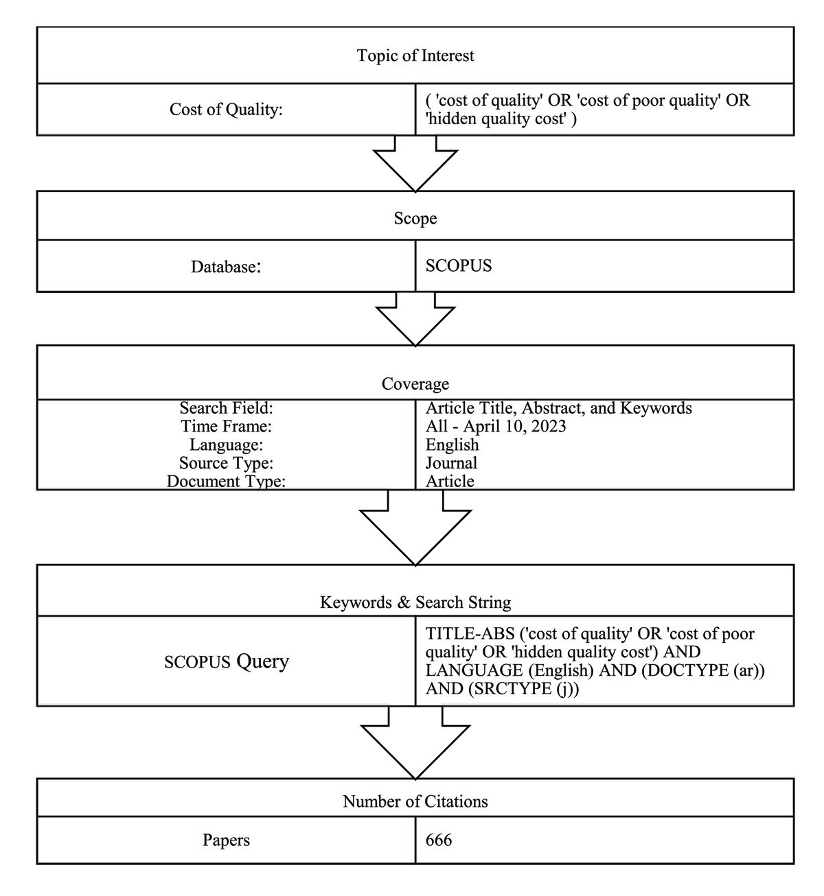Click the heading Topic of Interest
pyautogui.click(x=415, y=56)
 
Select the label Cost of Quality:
pyautogui.click(x=226, y=109)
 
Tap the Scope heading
pyautogui.click(x=415, y=218)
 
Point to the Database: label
pyautogui.click(x=226, y=266)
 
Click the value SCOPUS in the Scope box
pyautogui.click(x=458, y=266)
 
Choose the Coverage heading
pyautogui.click(x=415, y=384)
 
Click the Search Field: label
pyautogui.click(x=226, y=408)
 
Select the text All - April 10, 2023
pyautogui.click(x=495, y=426)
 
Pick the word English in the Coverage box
pyautogui.click(x=452, y=445)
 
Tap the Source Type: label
pyautogui.click(x=226, y=463)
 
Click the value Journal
pyautogui.click(x=451, y=463)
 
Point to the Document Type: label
pyautogui.click(x=226, y=481)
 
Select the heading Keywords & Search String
pyautogui.click(x=415, y=602)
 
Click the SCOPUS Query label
pyautogui.click(x=226, y=661)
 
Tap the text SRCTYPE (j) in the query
pyautogui.click(x=520, y=689)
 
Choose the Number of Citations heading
pyautogui.click(x=415, y=801)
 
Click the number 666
pyautogui.click(x=438, y=840)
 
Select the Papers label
pyautogui.click(x=226, y=840)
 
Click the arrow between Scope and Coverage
pyautogui.click(x=415, y=319)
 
